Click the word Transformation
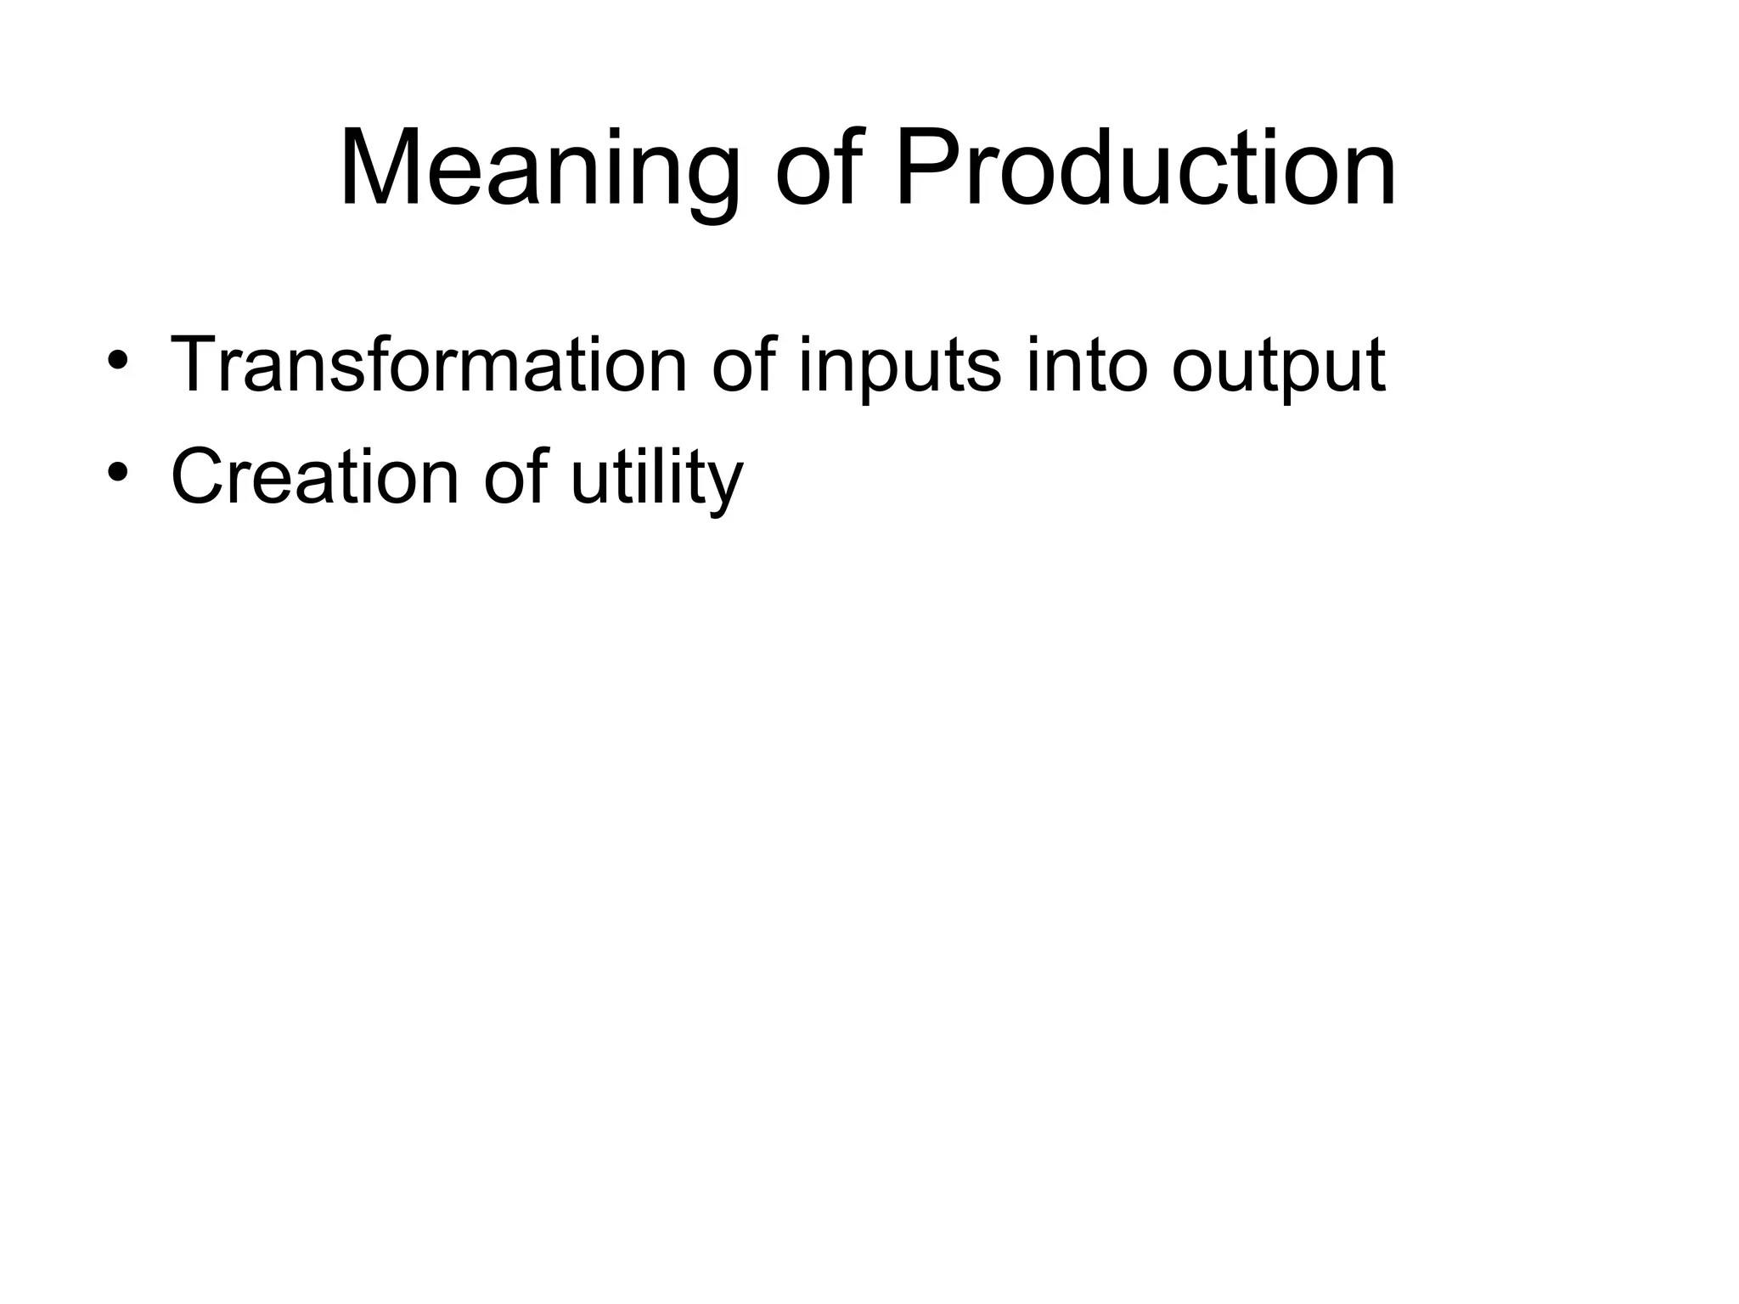(428, 365)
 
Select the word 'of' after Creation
(515, 477)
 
